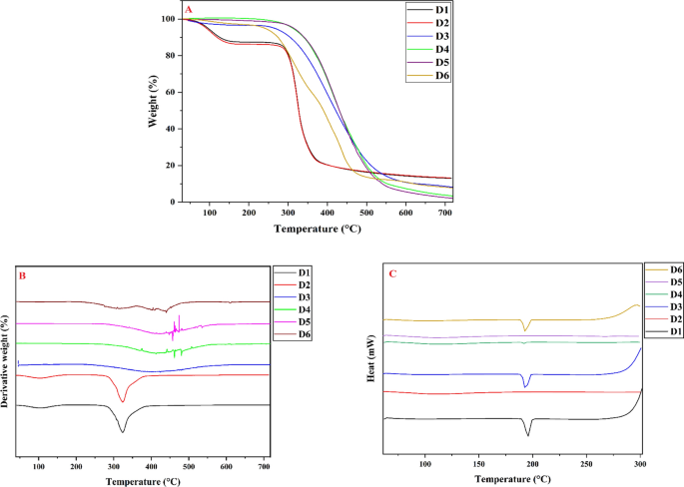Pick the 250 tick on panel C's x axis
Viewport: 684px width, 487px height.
coord(586,465)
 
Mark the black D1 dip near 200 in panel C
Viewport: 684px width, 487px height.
coord(528,434)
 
